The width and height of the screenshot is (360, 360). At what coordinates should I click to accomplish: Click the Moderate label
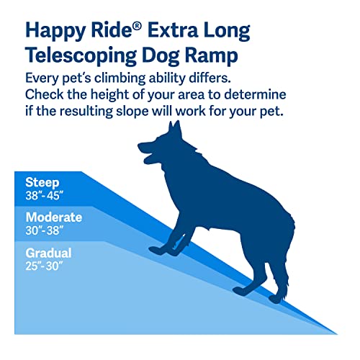(x=54, y=217)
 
